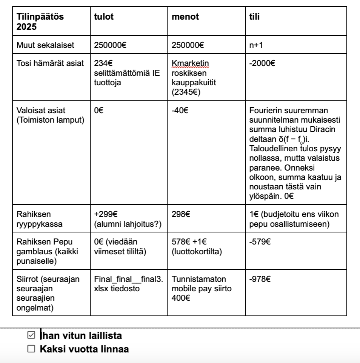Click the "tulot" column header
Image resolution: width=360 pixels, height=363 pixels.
tap(104, 17)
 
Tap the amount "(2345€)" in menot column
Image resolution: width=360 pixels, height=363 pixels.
tap(186, 92)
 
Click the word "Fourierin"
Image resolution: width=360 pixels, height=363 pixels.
tap(266, 111)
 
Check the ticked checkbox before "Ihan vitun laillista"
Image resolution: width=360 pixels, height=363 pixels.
tap(31, 335)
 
